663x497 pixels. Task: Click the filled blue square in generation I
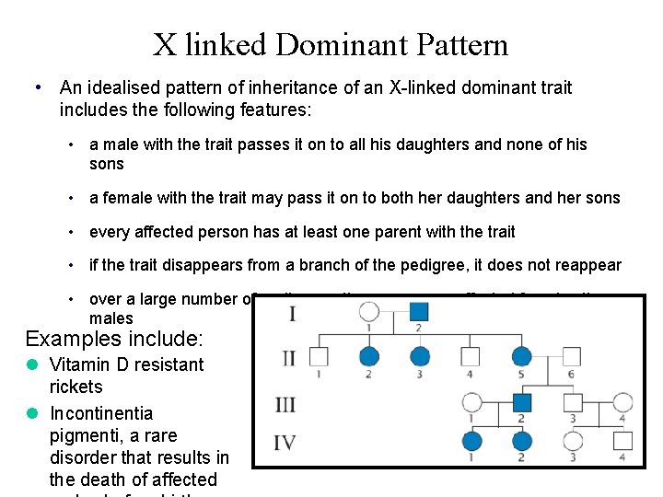tap(419, 313)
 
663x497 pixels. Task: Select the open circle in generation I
tap(369, 313)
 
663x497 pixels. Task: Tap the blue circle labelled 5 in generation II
tap(522, 357)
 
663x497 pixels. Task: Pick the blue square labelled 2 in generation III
tap(522, 402)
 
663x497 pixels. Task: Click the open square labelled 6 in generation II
tap(571, 357)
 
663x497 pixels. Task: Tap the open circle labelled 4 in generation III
tap(622, 402)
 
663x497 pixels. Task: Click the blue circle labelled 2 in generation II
tap(369, 357)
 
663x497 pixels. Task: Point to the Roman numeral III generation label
tap(286, 403)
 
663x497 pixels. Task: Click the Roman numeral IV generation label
tap(286, 443)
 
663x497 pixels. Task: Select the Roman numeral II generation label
tap(288, 357)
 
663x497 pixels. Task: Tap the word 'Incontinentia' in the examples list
tap(101, 412)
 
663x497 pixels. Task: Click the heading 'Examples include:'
tap(114, 338)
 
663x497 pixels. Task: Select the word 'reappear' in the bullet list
tap(587, 265)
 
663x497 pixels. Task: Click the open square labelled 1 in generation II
tap(320, 357)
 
